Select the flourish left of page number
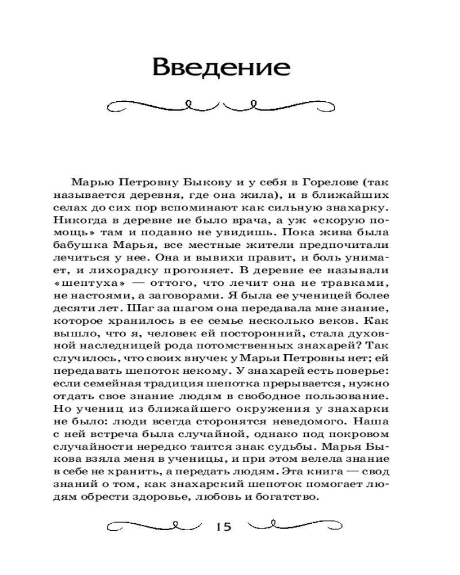pos(151,526)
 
